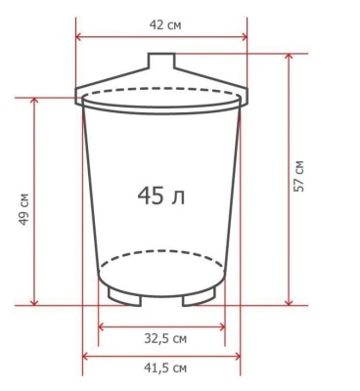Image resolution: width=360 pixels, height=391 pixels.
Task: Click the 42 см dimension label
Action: tap(165, 25)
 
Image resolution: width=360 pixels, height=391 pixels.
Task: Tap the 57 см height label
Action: tap(298, 176)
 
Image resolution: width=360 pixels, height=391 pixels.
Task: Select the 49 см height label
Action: tap(23, 209)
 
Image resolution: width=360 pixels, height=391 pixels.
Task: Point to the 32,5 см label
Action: tap(165, 339)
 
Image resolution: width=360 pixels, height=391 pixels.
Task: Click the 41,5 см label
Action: tap(165, 369)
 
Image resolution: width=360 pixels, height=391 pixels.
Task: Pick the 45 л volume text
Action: tap(161, 196)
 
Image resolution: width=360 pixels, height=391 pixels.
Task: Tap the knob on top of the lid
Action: tap(161, 61)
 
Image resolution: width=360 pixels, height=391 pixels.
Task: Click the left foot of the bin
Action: tap(124, 297)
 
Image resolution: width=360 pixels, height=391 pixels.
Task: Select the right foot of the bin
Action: tap(199, 297)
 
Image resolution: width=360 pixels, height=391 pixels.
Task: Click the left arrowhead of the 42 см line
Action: tap(78, 37)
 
